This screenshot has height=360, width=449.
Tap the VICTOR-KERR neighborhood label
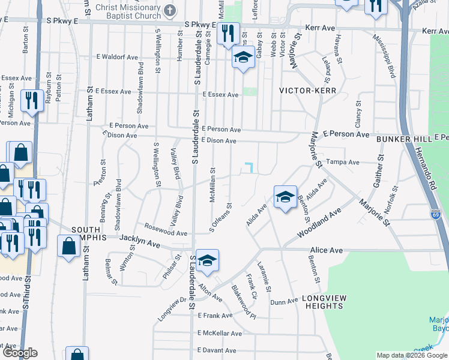(x=308, y=91)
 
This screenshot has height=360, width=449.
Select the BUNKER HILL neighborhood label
(x=405, y=139)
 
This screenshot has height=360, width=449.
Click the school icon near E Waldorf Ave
(x=243, y=58)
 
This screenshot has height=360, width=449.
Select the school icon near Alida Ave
(x=285, y=196)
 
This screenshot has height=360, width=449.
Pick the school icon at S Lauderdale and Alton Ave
(x=206, y=260)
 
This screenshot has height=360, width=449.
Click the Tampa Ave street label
(x=343, y=162)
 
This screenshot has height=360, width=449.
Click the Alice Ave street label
(x=326, y=250)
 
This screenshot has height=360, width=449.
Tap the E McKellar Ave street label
(x=219, y=333)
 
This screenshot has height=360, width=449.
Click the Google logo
(x=20, y=353)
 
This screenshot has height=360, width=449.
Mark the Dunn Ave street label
(x=284, y=302)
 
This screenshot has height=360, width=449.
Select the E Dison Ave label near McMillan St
(x=218, y=141)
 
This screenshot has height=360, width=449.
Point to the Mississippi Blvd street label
(x=384, y=56)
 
